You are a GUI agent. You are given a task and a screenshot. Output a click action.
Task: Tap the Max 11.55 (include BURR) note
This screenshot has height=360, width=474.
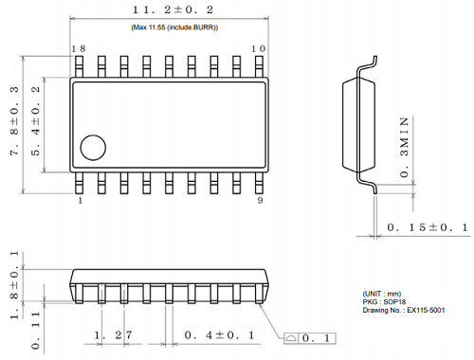(x=173, y=29)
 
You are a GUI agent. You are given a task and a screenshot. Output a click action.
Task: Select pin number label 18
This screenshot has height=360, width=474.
(x=80, y=48)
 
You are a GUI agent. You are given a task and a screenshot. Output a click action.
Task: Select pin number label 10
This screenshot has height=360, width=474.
(x=256, y=48)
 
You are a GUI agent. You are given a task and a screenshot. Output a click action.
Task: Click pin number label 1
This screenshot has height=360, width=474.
(x=80, y=202)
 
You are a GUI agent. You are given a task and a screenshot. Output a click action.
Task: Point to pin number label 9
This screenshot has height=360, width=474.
(x=259, y=202)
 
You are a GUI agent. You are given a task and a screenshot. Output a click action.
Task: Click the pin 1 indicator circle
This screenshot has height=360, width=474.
(x=93, y=147)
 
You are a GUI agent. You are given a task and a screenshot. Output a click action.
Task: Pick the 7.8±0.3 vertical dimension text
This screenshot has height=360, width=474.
(x=12, y=123)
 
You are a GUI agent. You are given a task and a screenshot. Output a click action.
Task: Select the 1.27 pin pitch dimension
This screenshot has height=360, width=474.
(x=112, y=335)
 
